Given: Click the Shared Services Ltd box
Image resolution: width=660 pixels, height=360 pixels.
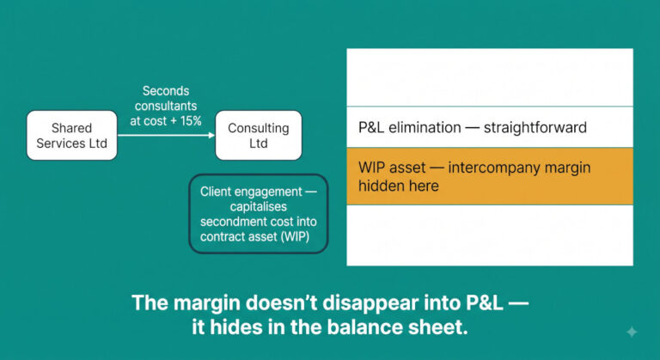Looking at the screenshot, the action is tap(71, 135).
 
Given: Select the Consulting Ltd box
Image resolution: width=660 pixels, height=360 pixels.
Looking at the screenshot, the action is tap(259, 135).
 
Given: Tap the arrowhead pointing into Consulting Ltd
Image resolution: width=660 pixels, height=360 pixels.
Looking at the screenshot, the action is tap(211, 135).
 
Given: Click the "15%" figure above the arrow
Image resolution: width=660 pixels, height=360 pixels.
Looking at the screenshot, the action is tap(191, 121).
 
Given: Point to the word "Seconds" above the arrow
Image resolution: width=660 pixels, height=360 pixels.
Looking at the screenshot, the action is tap(166, 91).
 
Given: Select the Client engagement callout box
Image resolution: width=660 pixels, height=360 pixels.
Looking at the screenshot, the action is tap(259, 214).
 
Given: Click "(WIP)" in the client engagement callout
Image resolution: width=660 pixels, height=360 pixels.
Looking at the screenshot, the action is tap(296, 236).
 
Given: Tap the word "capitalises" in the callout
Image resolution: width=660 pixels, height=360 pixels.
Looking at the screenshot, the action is tap(259, 207).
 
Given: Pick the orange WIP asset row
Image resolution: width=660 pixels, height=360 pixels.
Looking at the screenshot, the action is tap(490, 176).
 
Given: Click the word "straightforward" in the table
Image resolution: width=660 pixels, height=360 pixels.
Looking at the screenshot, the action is tap(535, 127).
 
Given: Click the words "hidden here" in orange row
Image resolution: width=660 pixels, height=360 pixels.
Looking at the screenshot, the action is tap(399, 186).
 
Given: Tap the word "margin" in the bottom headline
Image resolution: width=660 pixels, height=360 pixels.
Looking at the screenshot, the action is tap(206, 302).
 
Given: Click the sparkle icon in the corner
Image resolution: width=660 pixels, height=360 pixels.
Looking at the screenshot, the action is tap(632, 332).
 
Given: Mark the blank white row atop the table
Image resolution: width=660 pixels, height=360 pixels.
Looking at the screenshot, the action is tap(490, 77).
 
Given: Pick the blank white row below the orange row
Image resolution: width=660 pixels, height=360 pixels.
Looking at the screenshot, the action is tap(490, 235).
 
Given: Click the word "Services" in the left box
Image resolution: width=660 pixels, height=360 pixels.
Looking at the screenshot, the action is tap(56, 143).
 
